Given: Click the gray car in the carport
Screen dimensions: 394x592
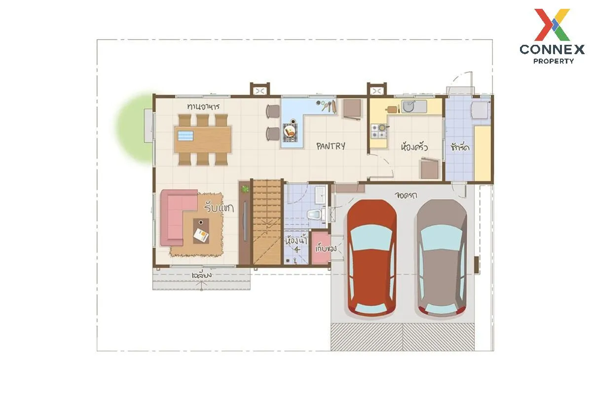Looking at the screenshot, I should click(441, 259).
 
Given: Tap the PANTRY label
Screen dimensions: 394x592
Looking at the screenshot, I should click(331, 146).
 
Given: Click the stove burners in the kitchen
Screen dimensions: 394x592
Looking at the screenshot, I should click(378, 131).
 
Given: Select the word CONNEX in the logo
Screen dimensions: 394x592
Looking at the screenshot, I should click(552, 49).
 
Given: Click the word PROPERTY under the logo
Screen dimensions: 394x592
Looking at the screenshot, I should click(554, 61).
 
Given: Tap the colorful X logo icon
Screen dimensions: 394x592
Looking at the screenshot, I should click(552, 25).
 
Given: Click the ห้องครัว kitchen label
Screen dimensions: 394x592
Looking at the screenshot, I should click(414, 147).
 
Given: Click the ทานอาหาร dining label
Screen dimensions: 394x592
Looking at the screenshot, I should click(203, 106).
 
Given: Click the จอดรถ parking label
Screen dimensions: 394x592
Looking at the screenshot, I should click(406, 195).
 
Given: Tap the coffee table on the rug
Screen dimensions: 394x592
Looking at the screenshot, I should click(200, 232).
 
